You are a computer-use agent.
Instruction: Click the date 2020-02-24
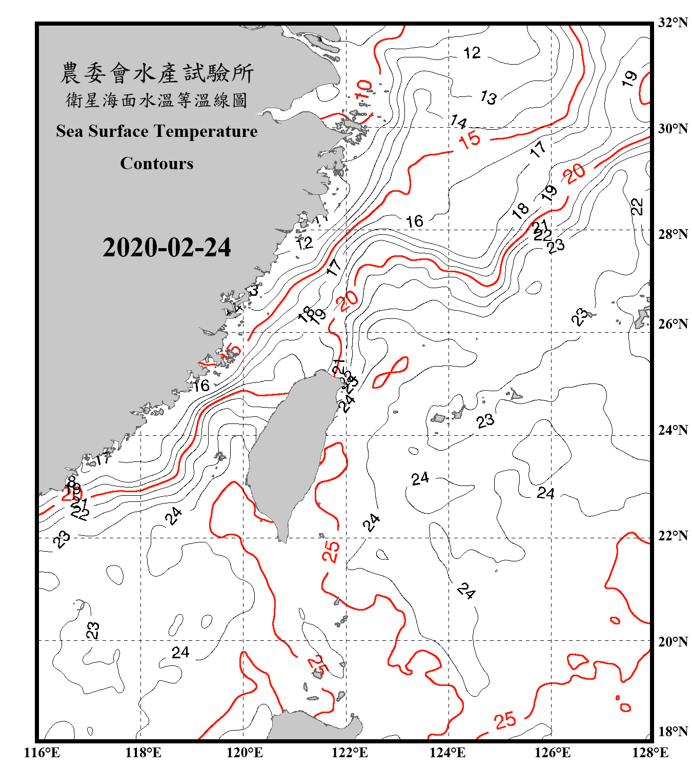coord(167,248)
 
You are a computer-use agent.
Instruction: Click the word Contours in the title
coord(157,164)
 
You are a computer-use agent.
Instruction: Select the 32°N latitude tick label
coord(673,23)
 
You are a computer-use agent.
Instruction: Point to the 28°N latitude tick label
coord(673,234)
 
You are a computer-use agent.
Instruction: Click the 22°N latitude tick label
coord(673,536)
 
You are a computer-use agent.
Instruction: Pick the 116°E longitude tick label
coord(42,753)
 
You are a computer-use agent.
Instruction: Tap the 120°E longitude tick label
coord(245,753)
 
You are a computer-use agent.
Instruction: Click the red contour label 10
coord(364,90)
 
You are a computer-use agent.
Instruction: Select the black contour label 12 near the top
coord(472,53)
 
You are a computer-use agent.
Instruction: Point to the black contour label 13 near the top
coord(488,97)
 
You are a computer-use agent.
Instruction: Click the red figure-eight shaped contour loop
coord(391,372)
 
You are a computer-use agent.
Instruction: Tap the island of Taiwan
coord(290,451)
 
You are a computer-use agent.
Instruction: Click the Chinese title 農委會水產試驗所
coord(157,73)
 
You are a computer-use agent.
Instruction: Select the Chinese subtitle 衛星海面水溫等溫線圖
coord(157,100)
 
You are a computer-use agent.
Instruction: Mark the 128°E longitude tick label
coord(650,753)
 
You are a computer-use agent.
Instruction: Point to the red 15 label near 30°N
coord(470,139)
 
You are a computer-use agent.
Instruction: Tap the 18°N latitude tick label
coord(673,732)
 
